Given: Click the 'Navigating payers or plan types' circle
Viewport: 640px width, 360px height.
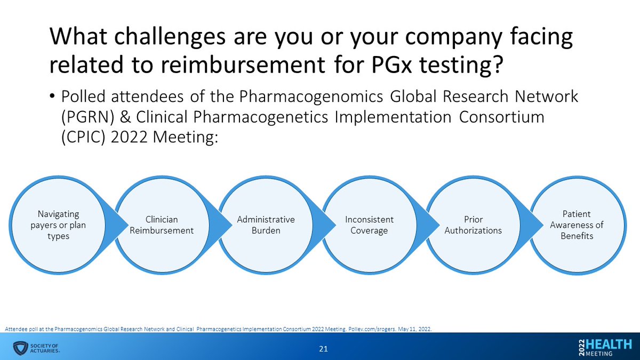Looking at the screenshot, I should coord(59,225).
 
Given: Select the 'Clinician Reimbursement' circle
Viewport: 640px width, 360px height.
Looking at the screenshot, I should coord(162,225).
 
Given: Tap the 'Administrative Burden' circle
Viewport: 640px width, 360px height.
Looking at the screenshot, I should coord(266,225).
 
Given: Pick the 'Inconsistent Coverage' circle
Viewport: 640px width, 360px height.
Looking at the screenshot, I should coord(369,225).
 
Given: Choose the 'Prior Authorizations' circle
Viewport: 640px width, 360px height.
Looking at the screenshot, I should coord(473,225).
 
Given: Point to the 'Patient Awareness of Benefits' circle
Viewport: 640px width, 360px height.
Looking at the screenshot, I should coord(576,225).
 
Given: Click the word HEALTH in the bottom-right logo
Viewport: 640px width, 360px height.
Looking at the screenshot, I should coord(610,344).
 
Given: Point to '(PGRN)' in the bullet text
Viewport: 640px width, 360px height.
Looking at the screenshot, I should coord(81,118).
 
